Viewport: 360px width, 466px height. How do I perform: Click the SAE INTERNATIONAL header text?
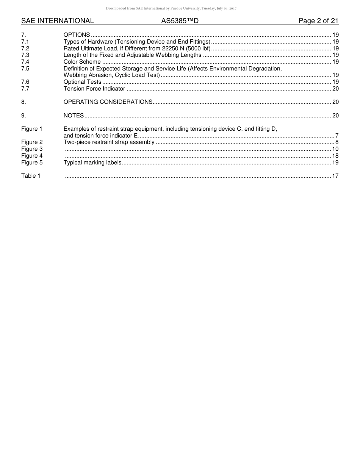tap(57, 21)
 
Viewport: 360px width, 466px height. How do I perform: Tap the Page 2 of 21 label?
tap(318, 21)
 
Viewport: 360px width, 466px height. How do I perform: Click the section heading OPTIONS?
tap(77, 35)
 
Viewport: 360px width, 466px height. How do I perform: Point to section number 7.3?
tap(25, 55)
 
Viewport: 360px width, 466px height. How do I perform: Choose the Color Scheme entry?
tap(82, 62)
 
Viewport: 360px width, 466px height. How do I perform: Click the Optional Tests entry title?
tap(82, 82)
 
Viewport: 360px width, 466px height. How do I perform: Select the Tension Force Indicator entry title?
tap(94, 89)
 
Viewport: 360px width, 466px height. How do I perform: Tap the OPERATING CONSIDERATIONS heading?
tap(108, 102)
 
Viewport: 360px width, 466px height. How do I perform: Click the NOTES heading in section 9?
tap(74, 116)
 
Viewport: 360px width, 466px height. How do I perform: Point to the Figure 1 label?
tap(32, 129)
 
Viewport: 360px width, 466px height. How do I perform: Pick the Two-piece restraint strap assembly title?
tap(109, 142)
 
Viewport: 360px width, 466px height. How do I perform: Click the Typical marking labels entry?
tap(92, 163)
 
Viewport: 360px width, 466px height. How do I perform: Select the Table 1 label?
tap(31, 176)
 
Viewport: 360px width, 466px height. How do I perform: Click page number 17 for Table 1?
tap(335, 176)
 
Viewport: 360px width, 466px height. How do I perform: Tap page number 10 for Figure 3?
tap(335, 149)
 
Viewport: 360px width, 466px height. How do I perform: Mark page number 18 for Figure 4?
tap(335, 156)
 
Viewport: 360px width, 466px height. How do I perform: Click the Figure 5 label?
tap(32, 163)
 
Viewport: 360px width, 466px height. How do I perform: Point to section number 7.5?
tap(25, 69)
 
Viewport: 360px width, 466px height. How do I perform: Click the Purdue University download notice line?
tap(171, 8)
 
